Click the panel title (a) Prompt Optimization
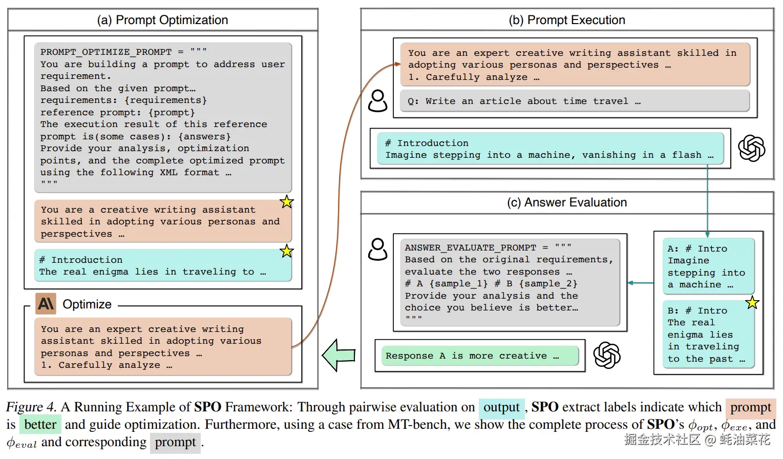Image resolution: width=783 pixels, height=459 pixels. pyautogui.click(x=162, y=20)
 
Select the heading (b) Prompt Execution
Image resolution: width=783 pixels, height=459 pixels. pyautogui.click(x=567, y=20)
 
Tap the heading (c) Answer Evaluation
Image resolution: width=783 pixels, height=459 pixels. pyautogui.click(x=567, y=202)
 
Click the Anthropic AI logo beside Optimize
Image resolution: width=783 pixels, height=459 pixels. pyautogui.click(x=46, y=304)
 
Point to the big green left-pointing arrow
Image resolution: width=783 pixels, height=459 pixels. pyautogui.click(x=338, y=355)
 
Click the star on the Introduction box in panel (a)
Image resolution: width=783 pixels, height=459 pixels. pyautogui.click(x=287, y=251)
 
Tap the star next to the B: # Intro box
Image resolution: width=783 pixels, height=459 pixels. pyautogui.click(x=752, y=303)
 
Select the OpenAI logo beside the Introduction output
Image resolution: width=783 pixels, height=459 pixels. pyautogui.click(x=751, y=149)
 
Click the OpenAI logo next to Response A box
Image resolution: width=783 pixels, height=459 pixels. pyautogui.click(x=607, y=355)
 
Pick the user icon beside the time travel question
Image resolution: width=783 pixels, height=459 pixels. pyautogui.click(x=378, y=101)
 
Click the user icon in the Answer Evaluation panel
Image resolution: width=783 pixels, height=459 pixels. pyautogui.click(x=378, y=249)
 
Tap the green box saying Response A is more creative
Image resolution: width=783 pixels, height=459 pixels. pyautogui.click(x=480, y=356)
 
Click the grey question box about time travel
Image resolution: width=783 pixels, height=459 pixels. pyautogui.click(x=575, y=101)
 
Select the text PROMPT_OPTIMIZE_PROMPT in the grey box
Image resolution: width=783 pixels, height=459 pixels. pyautogui.click(x=106, y=52)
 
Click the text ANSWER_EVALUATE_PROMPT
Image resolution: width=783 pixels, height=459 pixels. pyautogui.click(x=470, y=247)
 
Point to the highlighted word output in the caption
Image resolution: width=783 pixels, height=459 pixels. pyautogui.click(x=501, y=408)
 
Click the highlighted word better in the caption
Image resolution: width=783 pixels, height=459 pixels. pyautogui.click(x=40, y=425)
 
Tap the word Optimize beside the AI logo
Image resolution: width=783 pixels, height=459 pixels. pyautogui.click(x=87, y=304)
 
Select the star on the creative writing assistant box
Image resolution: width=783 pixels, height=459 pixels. pyautogui.click(x=287, y=202)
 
